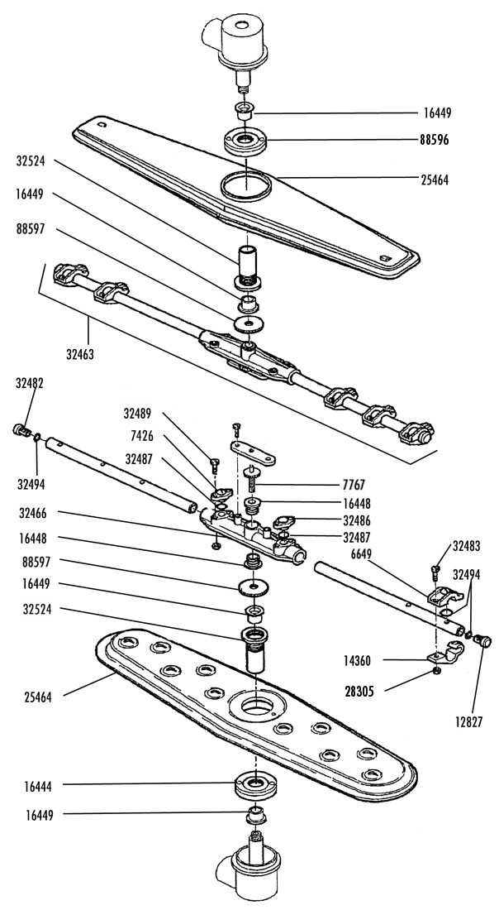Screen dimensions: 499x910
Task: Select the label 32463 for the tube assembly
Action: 80,354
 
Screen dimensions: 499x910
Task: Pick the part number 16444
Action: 38,787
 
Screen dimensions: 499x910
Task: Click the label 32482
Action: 30,383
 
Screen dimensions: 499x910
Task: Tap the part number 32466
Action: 33,513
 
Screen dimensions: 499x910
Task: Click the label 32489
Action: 137,414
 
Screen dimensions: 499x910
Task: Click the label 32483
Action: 467,545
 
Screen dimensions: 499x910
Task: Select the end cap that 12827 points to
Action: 483,640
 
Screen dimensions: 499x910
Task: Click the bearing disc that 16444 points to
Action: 254,785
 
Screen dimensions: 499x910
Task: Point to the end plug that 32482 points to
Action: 21,431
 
